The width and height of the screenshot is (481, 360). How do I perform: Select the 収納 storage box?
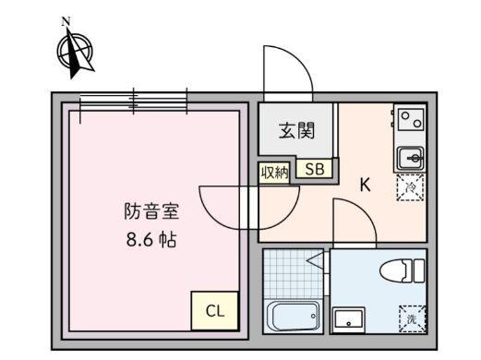(x=274, y=171)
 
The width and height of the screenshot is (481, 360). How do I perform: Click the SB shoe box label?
(x=314, y=170)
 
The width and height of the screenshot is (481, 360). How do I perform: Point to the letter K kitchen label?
(x=365, y=185)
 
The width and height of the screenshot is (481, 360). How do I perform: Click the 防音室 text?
(x=151, y=211)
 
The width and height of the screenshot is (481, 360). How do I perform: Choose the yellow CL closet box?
(x=215, y=310)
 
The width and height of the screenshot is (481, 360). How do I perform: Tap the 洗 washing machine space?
(x=411, y=318)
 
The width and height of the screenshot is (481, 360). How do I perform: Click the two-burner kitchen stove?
(x=409, y=119)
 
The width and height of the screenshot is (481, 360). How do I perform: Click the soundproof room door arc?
(x=222, y=205)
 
